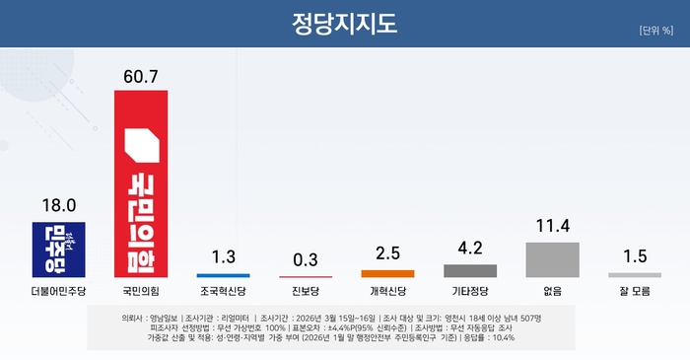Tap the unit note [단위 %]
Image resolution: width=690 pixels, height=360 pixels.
[655, 30]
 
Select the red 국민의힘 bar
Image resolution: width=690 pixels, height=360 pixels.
[141, 182]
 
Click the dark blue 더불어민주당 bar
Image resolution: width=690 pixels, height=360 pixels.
[59, 250]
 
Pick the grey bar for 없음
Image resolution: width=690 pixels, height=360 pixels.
[552, 258]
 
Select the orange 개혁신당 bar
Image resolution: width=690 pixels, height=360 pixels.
[387, 272]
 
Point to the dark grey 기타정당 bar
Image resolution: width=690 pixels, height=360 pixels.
[470, 269]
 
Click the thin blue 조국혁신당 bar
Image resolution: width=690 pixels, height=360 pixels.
[223, 275]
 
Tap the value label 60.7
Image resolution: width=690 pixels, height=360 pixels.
[141, 75]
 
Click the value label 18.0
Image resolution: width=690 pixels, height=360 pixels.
[59, 207]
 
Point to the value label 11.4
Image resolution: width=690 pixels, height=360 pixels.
[552, 227]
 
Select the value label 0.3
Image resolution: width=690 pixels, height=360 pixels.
[306, 259]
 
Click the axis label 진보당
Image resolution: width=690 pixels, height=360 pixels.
[306, 292]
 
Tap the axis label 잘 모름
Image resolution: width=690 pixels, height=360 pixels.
[634, 292]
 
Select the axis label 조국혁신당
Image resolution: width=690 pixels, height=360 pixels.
[223, 292]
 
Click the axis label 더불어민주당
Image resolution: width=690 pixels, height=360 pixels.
[59, 292]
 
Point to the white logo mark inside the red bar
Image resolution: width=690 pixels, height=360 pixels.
[140, 145]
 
